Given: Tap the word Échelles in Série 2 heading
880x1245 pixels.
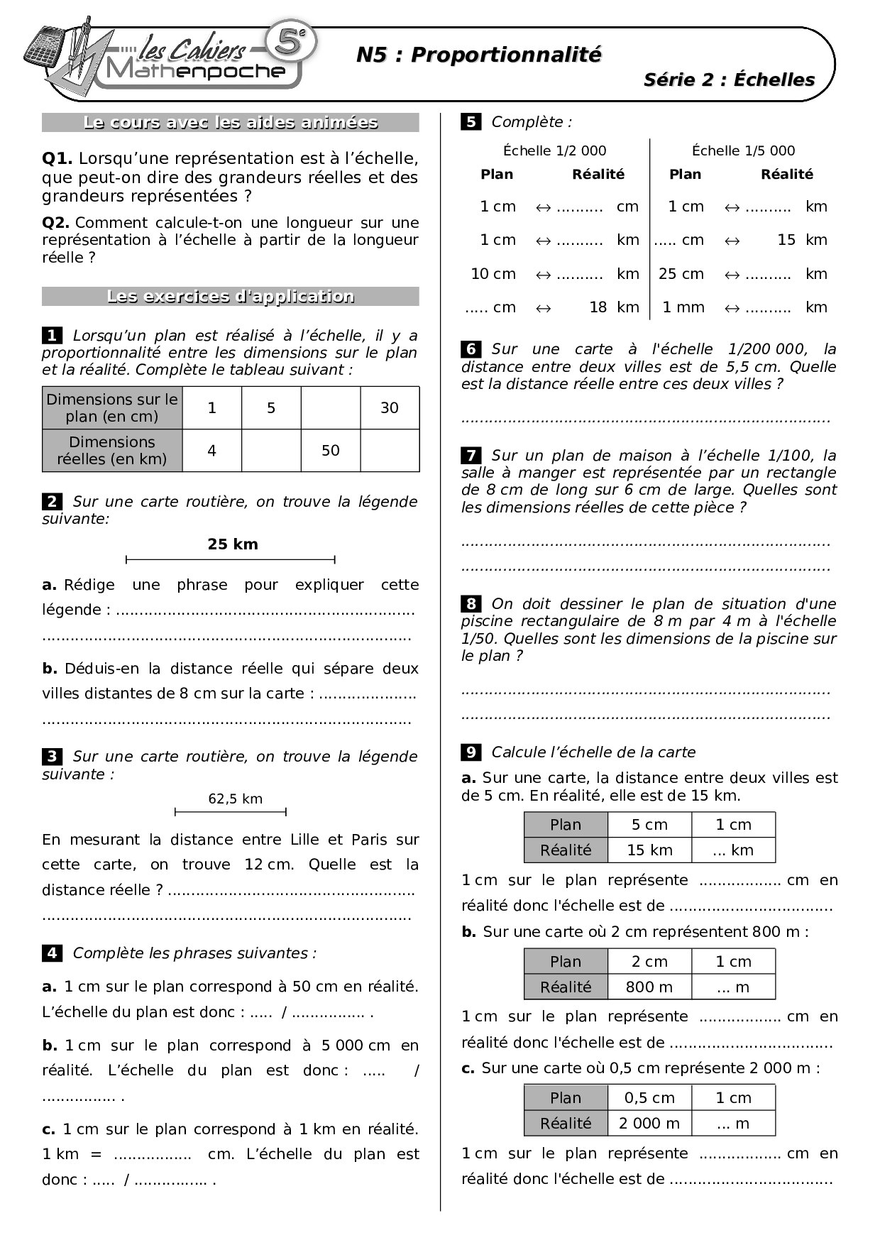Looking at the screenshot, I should (774, 79).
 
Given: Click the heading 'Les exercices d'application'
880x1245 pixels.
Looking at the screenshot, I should (230, 297).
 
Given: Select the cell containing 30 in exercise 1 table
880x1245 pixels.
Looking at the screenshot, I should (390, 407).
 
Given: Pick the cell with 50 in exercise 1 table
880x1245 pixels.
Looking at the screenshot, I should (331, 450).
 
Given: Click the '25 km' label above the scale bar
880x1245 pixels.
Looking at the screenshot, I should (233, 544).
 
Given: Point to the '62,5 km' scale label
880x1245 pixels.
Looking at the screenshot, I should (235, 799).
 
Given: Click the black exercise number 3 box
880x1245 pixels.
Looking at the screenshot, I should (52, 757).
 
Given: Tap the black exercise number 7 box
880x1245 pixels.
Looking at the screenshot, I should (471, 455).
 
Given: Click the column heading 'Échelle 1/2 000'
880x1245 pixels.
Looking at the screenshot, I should (554, 150).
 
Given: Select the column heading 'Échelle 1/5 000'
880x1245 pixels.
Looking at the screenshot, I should (743, 150).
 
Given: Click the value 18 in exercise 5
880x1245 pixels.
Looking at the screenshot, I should (598, 307).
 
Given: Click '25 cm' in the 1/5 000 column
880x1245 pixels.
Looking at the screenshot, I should (681, 274).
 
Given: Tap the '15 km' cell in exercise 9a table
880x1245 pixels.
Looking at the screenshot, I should (649, 850).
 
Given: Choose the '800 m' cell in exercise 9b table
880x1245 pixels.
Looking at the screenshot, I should (649, 987).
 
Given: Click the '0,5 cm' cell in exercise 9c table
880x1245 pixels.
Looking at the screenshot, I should (649, 1097).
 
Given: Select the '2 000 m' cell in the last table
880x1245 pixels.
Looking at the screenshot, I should (649, 1123).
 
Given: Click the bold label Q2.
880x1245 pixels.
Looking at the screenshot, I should (55, 223).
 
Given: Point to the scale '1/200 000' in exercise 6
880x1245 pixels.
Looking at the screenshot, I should (767, 349).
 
